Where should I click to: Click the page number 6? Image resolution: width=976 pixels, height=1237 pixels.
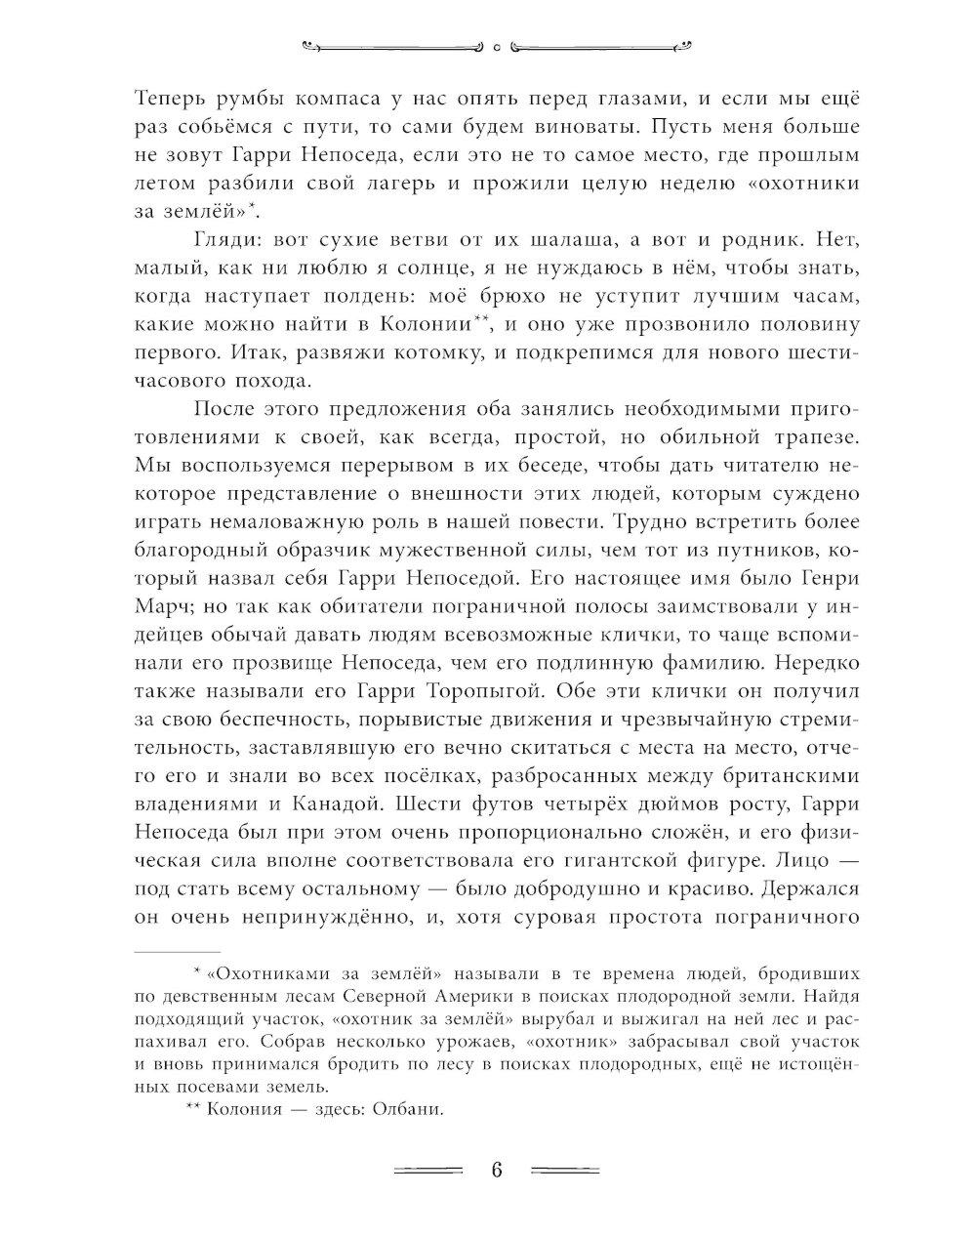(x=496, y=1170)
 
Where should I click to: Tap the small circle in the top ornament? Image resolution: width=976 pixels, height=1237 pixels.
(x=496, y=44)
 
